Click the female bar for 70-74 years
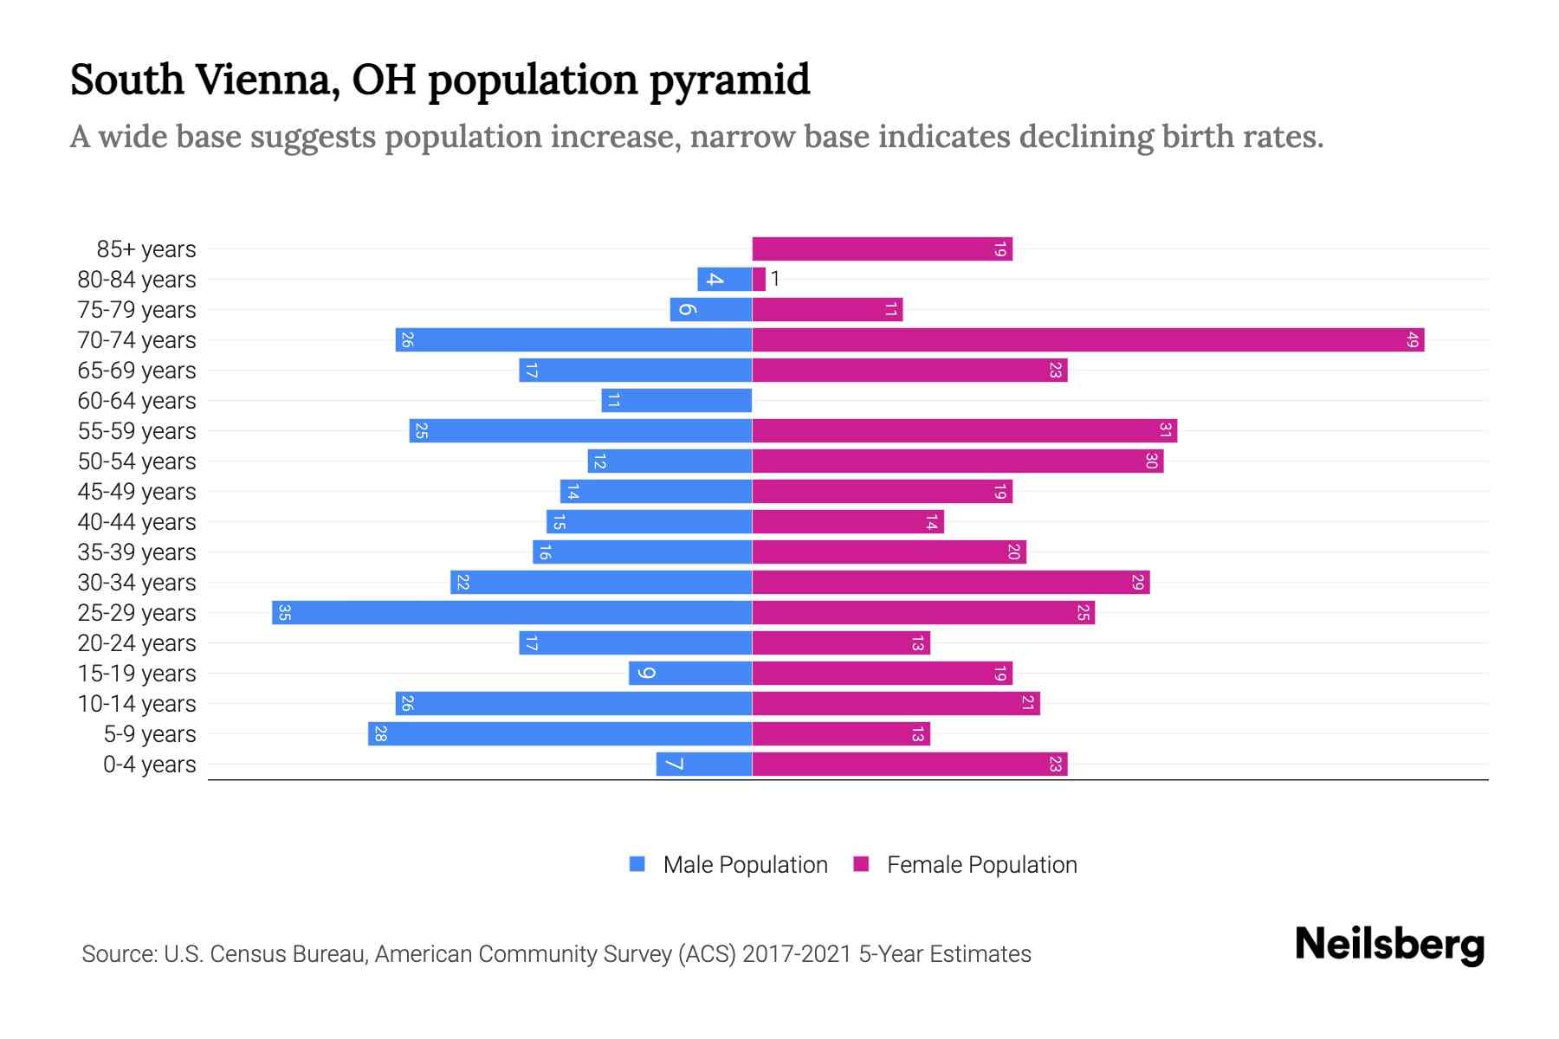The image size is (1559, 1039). point(1088,339)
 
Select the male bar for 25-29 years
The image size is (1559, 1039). point(511,612)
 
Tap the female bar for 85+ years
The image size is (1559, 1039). point(882,249)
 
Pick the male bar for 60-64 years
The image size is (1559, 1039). point(676,400)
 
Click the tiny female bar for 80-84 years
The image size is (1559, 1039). point(759,279)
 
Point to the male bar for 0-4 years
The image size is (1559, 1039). point(703,764)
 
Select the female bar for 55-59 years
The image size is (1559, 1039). point(964,430)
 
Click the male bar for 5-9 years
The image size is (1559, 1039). point(560,733)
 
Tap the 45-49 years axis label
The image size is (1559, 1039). point(137,491)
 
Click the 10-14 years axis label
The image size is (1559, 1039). point(137,703)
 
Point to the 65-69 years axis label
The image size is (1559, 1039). point(137,370)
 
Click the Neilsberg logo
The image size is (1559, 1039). point(1389,944)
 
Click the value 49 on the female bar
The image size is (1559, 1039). point(1412,339)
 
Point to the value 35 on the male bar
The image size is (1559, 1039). point(284,612)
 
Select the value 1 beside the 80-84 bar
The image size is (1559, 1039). point(775,279)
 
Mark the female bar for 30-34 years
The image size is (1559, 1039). point(950,582)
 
